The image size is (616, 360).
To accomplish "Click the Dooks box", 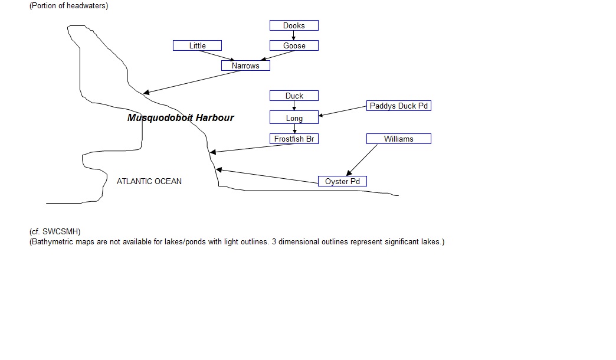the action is click(294, 25).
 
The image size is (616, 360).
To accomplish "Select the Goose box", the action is click(294, 45).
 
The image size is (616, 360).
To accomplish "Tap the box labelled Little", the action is click(197, 45).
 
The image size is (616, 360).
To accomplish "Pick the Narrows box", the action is click(245, 66).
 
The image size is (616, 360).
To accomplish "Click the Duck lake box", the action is click(294, 96).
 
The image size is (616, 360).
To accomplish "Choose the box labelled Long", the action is click(294, 117).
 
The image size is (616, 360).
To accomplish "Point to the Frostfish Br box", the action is click(294, 139).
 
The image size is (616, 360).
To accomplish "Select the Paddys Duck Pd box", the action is click(399, 106).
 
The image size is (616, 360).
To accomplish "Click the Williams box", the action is click(399, 139).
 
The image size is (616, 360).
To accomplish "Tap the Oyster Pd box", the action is click(342, 181).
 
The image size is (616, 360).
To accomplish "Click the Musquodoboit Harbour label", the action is click(181, 117).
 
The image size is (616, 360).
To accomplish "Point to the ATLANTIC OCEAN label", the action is click(149, 181).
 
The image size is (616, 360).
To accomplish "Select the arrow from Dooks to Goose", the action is click(293, 35).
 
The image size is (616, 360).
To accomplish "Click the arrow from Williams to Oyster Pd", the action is click(362, 161).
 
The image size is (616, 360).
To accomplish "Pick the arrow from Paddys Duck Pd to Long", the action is click(342, 111).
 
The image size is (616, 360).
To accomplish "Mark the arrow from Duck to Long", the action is click(294, 106).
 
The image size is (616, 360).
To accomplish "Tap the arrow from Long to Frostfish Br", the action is click(294, 129).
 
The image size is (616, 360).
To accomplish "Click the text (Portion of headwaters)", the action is click(69, 5).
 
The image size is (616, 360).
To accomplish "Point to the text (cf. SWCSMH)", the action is click(55, 231).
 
